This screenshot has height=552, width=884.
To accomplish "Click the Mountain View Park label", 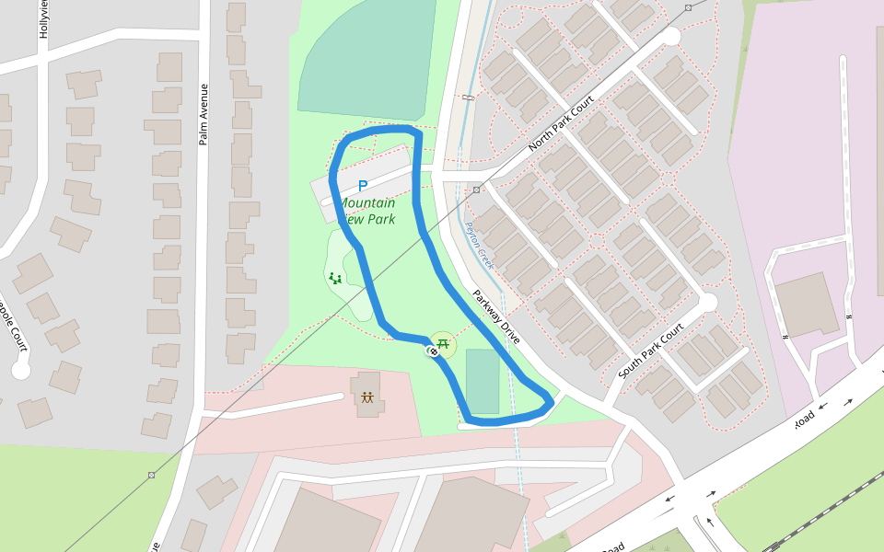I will [366, 211].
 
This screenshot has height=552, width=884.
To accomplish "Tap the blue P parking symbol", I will [363, 186].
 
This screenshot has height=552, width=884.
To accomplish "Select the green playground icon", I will [335, 278].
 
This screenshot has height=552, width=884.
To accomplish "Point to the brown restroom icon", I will [367, 397].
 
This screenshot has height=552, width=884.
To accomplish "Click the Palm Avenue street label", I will [204, 114].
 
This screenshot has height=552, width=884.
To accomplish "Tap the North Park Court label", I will [562, 128].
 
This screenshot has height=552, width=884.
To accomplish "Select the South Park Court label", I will [652, 351].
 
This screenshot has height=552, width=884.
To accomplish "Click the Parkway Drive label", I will [496, 317].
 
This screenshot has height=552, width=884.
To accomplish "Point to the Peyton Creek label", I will [479, 246].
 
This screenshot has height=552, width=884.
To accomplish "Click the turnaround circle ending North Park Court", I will [671, 37].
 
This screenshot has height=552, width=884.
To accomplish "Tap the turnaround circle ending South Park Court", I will [707, 302].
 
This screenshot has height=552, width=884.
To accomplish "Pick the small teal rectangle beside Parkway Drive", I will [483, 381].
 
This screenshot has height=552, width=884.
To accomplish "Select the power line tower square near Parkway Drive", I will [476, 190].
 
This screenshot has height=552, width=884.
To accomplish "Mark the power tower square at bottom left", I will [151, 475].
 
